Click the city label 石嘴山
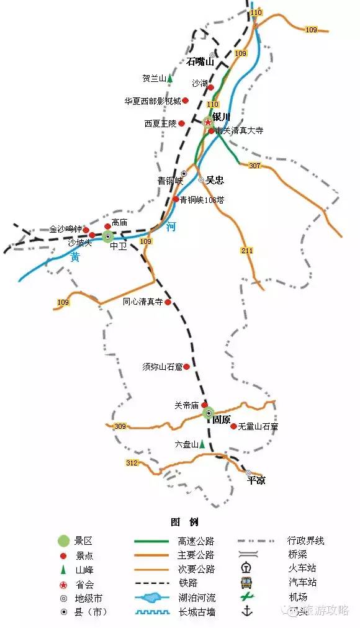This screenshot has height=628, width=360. [x=200, y=62]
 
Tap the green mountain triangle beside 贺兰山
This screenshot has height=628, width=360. [x=169, y=79]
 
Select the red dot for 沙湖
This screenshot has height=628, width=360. [x=210, y=87]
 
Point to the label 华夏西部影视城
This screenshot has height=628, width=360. [x=152, y=101]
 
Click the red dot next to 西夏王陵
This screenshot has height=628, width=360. [x=182, y=123]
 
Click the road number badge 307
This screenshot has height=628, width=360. [x=254, y=166]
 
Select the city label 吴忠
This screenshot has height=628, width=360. [x=215, y=181]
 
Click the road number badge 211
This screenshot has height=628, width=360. [x=247, y=251]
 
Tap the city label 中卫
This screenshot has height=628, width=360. [x=118, y=246]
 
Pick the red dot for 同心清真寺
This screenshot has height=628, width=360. [x=168, y=302]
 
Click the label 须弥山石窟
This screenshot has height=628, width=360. [x=162, y=367]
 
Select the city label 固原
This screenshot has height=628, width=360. [x=222, y=419]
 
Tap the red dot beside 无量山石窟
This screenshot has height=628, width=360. [x=233, y=426]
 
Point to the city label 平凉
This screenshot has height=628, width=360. [x=256, y=480]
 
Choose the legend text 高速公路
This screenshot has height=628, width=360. [x=196, y=541]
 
